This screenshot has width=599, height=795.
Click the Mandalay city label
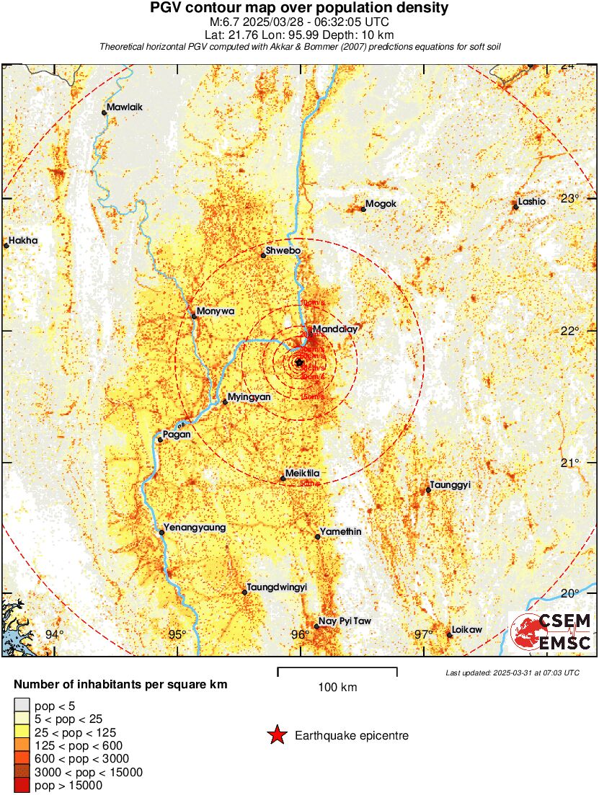click(335, 329)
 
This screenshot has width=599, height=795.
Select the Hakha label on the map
click(25, 240)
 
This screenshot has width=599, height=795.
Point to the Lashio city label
click(532, 202)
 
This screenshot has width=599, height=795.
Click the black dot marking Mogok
click(363, 209)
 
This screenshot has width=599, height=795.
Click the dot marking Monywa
click(194, 316)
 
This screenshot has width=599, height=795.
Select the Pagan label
click(177, 435)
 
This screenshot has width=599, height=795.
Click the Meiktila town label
click(302, 473)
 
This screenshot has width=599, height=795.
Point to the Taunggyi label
click(450, 485)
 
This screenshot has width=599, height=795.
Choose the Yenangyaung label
click(195, 528)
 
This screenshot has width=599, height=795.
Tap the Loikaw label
click(467, 629)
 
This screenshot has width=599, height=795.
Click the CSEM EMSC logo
click(551, 631)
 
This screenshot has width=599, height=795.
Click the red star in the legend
click(276, 735)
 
